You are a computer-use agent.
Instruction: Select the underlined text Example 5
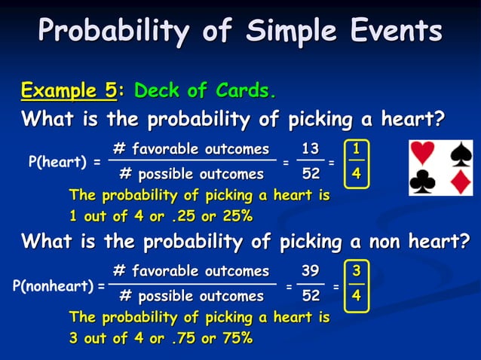click(69, 91)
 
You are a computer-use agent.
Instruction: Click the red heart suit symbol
click(424, 154)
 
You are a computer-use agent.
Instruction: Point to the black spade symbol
click(460, 154)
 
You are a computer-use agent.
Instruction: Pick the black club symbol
click(424, 182)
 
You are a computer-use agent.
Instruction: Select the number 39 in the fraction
click(310, 270)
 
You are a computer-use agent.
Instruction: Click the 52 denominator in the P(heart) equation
click(310, 174)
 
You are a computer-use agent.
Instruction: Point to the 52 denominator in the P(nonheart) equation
click(310, 296)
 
